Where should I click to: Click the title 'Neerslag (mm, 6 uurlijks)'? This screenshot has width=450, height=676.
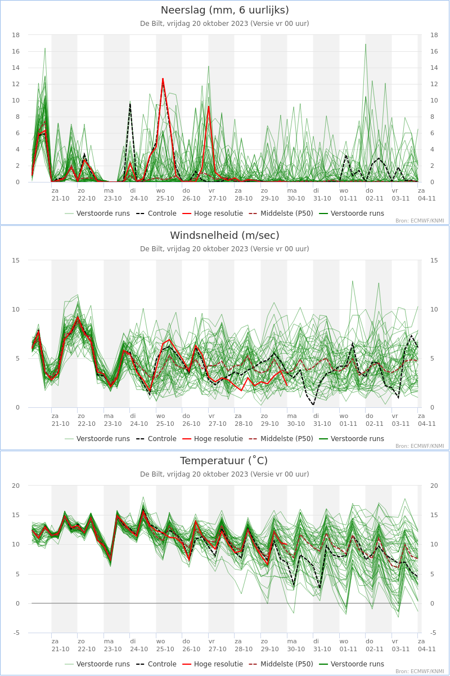click(x=224, y=10)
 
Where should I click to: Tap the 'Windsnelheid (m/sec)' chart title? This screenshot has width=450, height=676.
click(x=224, y=235)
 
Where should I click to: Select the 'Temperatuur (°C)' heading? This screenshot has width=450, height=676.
click(x=224, y=461)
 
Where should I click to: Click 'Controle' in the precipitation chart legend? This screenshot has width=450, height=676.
click(x=162, y=214)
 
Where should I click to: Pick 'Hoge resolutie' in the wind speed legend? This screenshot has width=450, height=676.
click(x=218, y=439)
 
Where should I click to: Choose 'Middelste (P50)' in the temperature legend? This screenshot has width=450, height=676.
click(x=287, y=664)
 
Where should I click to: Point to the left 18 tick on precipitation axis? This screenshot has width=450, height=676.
click(x=16, y=35)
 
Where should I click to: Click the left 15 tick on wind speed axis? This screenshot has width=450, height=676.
click(x=16, y=260)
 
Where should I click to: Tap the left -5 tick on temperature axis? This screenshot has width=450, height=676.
click(x=16, y=633)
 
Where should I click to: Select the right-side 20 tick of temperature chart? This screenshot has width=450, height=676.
click(x=434, y=486)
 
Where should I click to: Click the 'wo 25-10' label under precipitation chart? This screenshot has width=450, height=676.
click(x=165, y=195)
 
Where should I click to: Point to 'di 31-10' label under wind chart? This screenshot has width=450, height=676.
click(x=322, y=420)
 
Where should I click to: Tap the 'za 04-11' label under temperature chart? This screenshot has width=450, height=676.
click(x=426, y=645)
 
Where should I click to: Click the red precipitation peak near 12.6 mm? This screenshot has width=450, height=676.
click(x=163, y=78)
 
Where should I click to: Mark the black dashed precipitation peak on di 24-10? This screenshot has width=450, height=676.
click(x=130, y=104)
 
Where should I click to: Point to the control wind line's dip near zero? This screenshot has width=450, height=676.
click(x=313, y=404)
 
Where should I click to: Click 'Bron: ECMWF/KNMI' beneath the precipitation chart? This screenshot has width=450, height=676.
click(x=420, y=221)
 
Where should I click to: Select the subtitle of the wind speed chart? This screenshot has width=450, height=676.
click(x=224, y=249)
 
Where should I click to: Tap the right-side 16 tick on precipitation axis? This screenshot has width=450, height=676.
click(x=434, y=51)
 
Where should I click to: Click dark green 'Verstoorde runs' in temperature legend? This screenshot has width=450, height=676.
click(x=357, y=664)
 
